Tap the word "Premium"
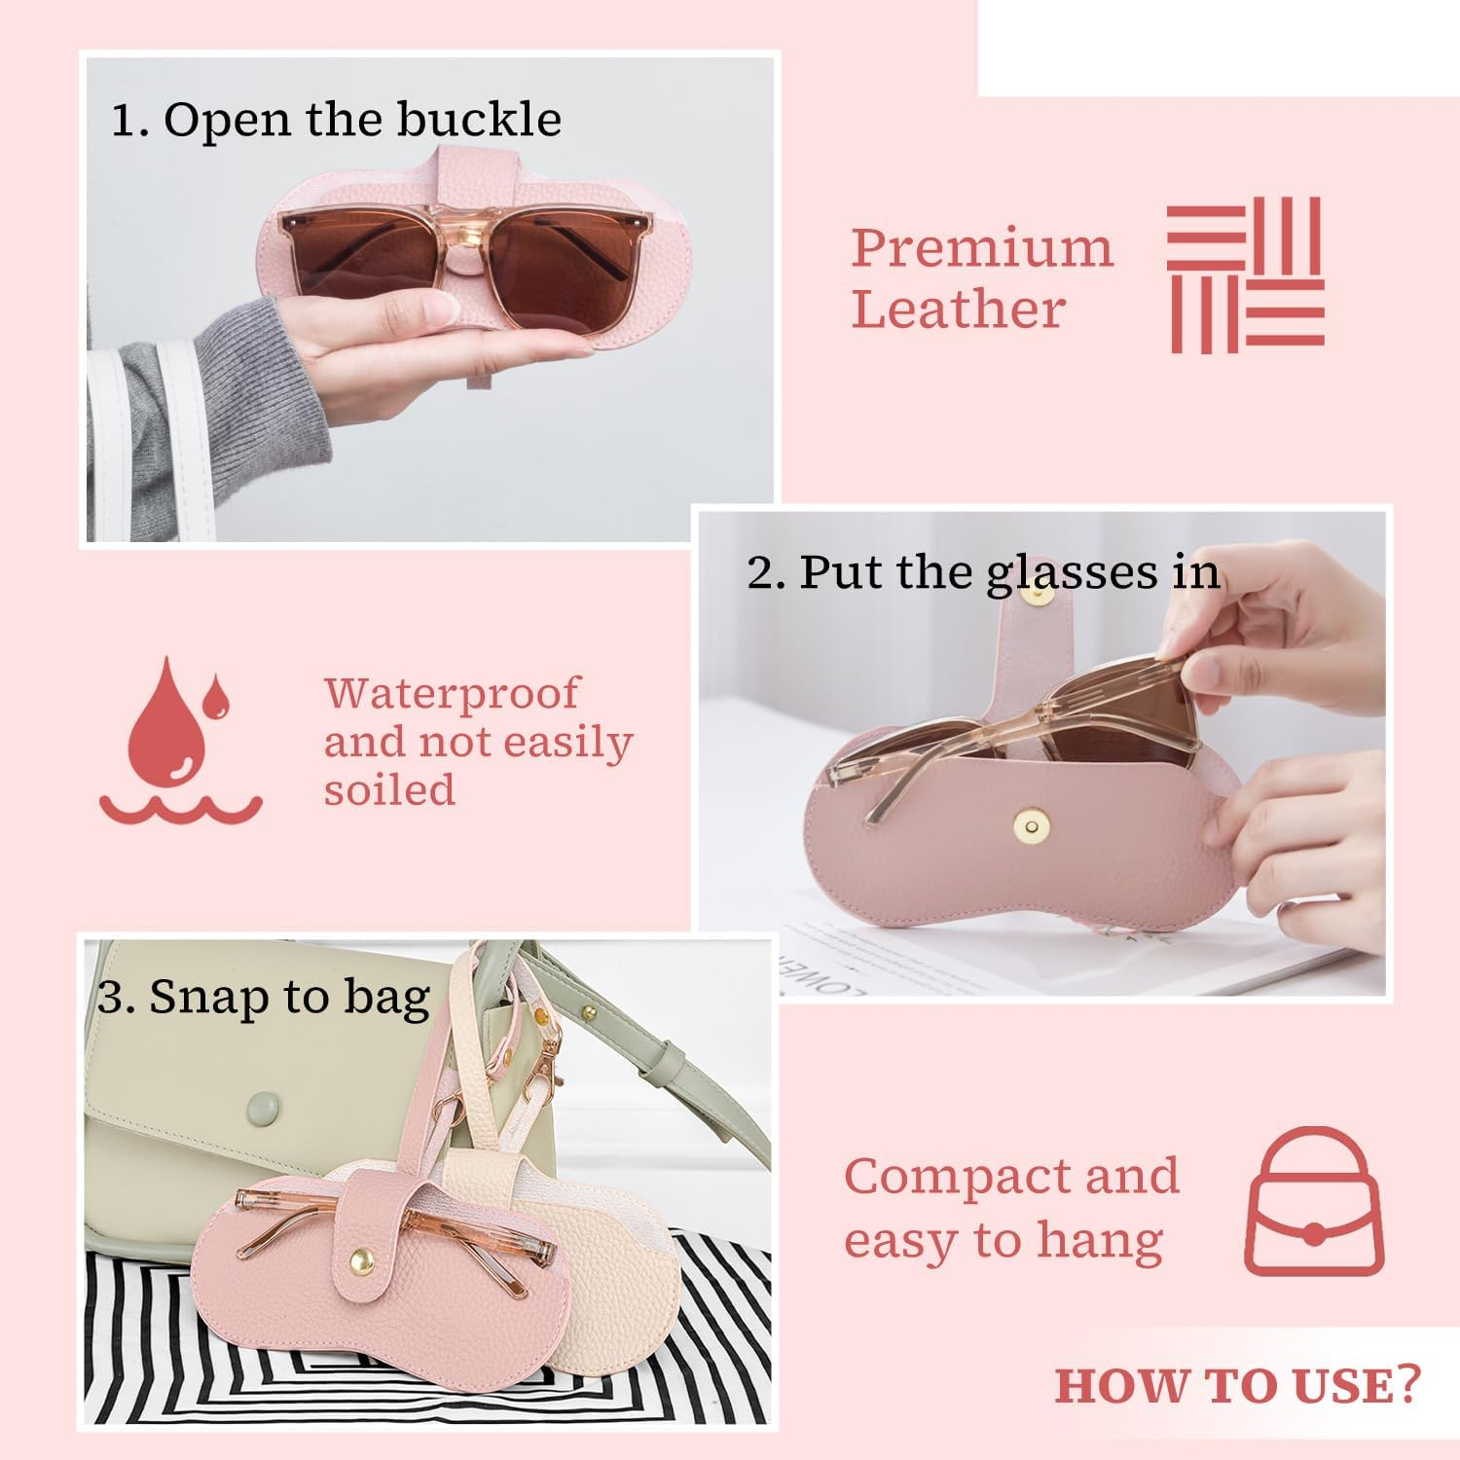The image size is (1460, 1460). (x=982, y=248)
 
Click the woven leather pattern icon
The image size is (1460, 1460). (x=1246, y=274)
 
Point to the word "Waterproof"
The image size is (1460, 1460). (x=452, y=693)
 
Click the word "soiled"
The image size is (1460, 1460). (x=389, y=789)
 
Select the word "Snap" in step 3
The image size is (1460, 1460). (x=207, y=997)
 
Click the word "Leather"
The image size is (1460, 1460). (x=958, y=310)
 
